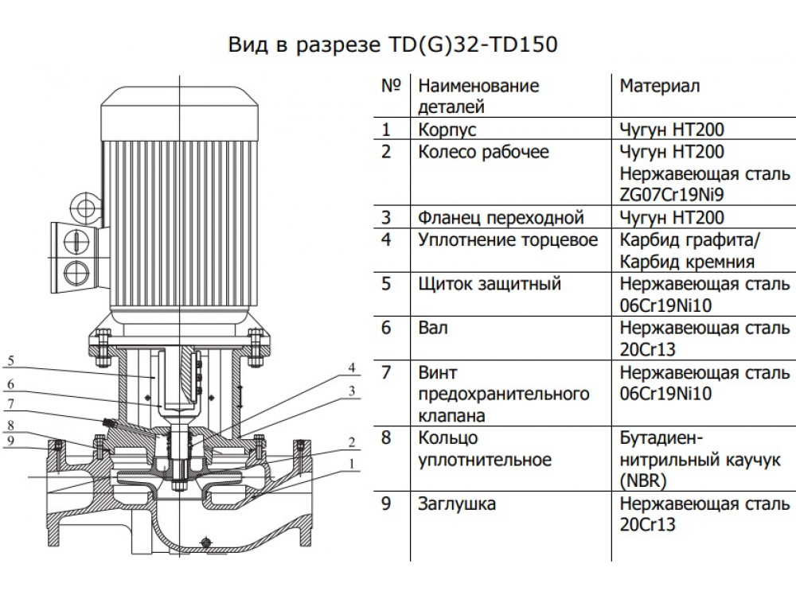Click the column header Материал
660,86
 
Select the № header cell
391,86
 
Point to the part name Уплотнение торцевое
508,239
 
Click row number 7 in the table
387,372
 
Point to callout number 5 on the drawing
10,360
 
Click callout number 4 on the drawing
349,367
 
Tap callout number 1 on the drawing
349,462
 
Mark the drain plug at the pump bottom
205,543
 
